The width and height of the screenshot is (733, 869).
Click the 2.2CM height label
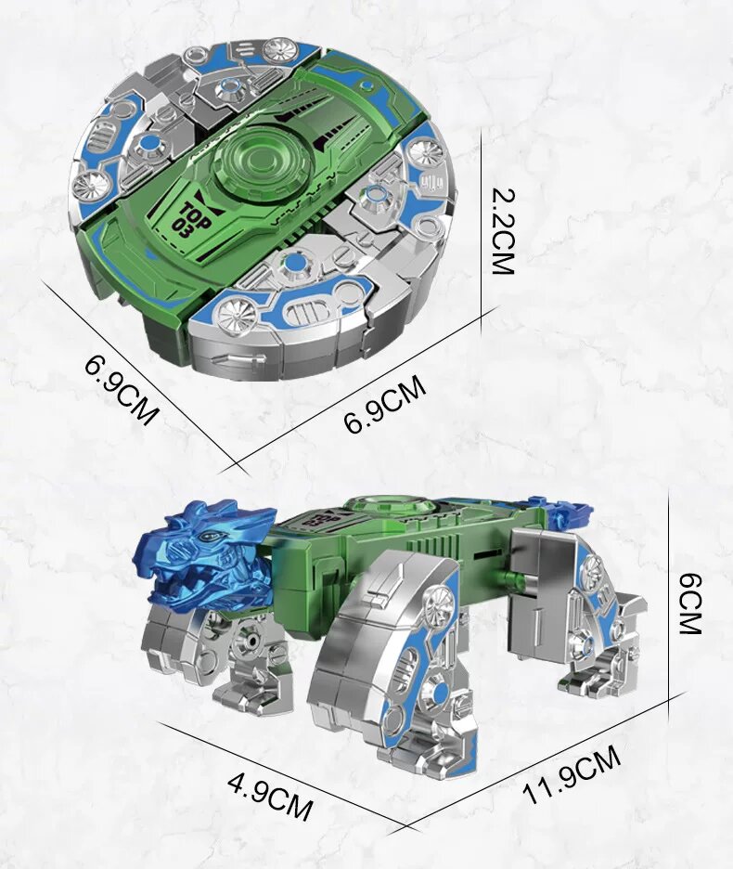tap(503, 232)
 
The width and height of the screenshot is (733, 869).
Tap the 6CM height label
tap(690, 603)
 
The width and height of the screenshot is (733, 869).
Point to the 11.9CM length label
tap(572, 774)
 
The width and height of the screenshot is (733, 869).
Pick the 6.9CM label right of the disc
tap(385, 405)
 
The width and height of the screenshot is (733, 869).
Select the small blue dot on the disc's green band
tap(366, 84)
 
